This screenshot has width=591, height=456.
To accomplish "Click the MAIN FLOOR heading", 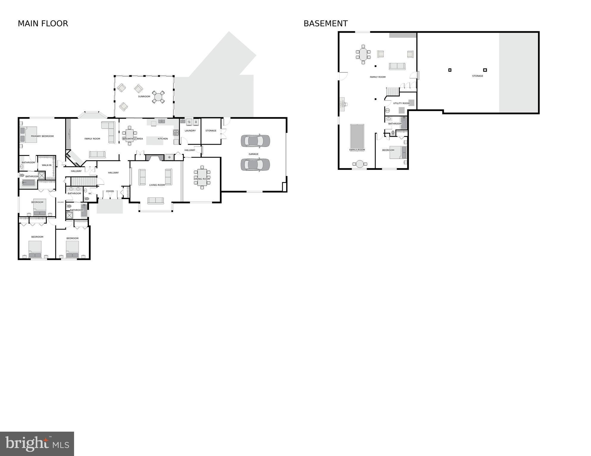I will point(43,23).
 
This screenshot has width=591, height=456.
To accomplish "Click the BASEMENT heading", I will point(325,23).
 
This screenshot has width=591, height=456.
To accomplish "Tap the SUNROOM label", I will point(144,97).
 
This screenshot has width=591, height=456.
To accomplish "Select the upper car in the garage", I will point(255,141).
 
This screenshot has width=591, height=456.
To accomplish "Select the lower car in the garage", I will point(255,165).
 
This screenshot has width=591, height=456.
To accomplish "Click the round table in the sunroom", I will point(158,97).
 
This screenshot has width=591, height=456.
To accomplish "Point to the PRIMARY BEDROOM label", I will point(42,136).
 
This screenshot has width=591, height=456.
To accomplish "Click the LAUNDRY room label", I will point(190,131).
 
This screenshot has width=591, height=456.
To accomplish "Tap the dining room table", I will point(202,177).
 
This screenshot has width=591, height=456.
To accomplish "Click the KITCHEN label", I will point(163,139).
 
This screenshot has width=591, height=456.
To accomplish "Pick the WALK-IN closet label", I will point(47,165).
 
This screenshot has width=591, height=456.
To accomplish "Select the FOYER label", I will point(110,191).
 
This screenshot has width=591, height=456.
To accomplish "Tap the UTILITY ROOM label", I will point(401,103).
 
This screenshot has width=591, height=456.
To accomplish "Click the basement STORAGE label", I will point(477,76).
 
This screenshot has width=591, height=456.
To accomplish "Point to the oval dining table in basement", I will point(363,54).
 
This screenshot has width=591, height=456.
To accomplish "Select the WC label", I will point(90,194).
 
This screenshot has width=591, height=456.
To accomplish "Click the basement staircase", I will point(393,92).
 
